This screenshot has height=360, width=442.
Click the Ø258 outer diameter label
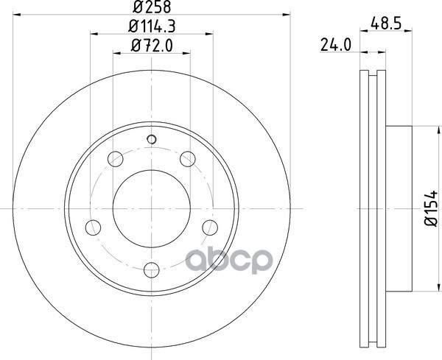152,7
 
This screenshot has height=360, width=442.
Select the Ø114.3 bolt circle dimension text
152,27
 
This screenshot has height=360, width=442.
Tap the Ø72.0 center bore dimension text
152,46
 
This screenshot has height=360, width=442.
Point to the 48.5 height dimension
386,24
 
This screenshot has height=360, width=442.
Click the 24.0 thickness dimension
336,45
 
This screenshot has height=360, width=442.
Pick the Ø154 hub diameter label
431,208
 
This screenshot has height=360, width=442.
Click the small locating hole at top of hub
152,139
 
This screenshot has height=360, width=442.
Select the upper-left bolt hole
116,159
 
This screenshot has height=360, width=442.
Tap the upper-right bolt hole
188,159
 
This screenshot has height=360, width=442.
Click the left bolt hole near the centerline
93,227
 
